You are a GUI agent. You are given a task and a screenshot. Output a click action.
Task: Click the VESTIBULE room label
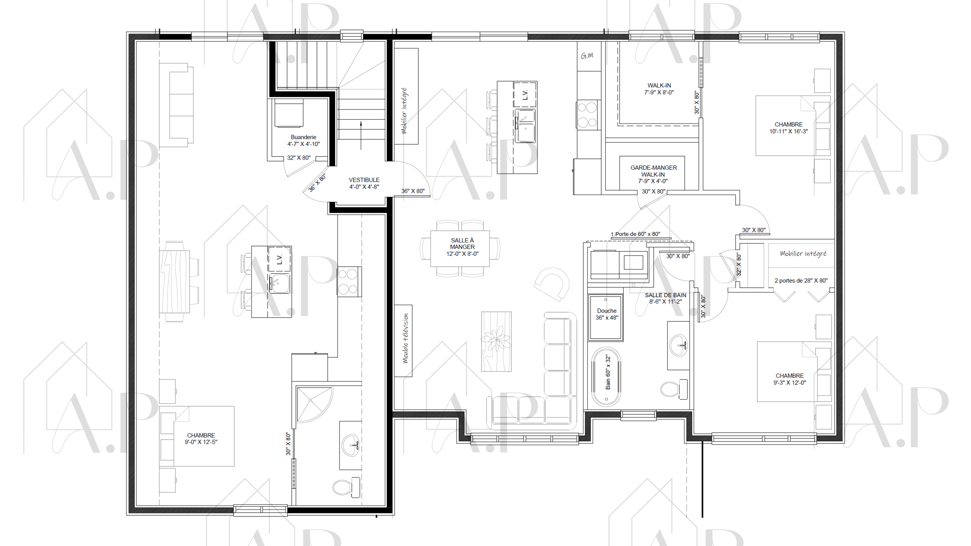(x=364, y=183)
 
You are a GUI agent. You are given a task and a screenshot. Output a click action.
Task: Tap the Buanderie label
(x=303, y=141)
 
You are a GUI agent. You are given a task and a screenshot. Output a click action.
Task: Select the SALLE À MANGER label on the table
(x=462, y=247)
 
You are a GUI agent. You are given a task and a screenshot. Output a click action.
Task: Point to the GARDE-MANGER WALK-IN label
(x=653, y=174)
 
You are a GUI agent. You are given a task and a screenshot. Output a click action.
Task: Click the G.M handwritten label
(x=587, y=56)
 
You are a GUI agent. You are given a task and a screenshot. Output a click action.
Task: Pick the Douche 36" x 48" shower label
(x=607, y=314)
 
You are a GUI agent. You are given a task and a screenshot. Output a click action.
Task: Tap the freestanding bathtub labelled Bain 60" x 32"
(x=606, y=377)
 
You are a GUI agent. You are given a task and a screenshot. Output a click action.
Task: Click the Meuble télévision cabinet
(x=403, y=341)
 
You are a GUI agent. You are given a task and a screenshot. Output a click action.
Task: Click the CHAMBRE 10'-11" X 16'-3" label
(x=788, y=128)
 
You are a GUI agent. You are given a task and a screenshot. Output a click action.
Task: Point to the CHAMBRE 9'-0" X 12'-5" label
(x=201, y=439)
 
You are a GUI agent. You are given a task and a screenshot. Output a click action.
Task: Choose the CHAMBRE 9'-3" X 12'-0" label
(x=790, y=379)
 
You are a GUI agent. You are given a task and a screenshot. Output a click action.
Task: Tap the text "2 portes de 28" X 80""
(x=801, y=280)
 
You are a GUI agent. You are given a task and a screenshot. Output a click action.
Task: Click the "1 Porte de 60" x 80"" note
(x=635, y=234)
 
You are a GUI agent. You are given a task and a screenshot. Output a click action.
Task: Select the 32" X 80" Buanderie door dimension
(x=299, y=158)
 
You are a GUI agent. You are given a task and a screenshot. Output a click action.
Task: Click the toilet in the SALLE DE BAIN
(x=674, y=389)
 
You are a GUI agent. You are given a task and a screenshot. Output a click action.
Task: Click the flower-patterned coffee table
(x=496, y=341)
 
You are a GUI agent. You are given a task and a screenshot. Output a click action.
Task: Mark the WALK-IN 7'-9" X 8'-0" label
(x=659, y=89)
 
